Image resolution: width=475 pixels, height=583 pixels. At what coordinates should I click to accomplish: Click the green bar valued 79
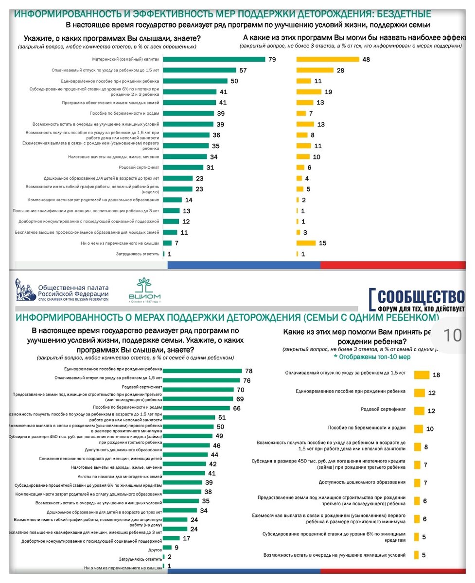click(214, 59)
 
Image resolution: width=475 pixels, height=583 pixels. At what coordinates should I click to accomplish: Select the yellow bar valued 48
click(327, 59)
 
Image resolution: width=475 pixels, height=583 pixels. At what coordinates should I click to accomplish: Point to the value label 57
click(244, 70)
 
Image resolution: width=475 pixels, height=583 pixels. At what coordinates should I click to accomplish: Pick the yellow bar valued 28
click(315, 70)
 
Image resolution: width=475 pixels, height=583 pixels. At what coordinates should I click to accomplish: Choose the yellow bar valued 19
click(309, 91)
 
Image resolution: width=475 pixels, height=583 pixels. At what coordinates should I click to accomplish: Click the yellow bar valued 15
click(306, 243)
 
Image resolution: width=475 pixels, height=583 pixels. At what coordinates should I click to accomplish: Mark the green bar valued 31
click(183, 168)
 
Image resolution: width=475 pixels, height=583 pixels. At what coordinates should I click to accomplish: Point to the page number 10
click(453, 335)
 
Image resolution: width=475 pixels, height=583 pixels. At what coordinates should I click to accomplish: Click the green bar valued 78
click(202, 371)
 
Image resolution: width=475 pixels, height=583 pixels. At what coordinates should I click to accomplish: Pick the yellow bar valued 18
click(422, 375)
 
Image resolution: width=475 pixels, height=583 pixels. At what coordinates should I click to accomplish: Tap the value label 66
click(237, 408)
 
